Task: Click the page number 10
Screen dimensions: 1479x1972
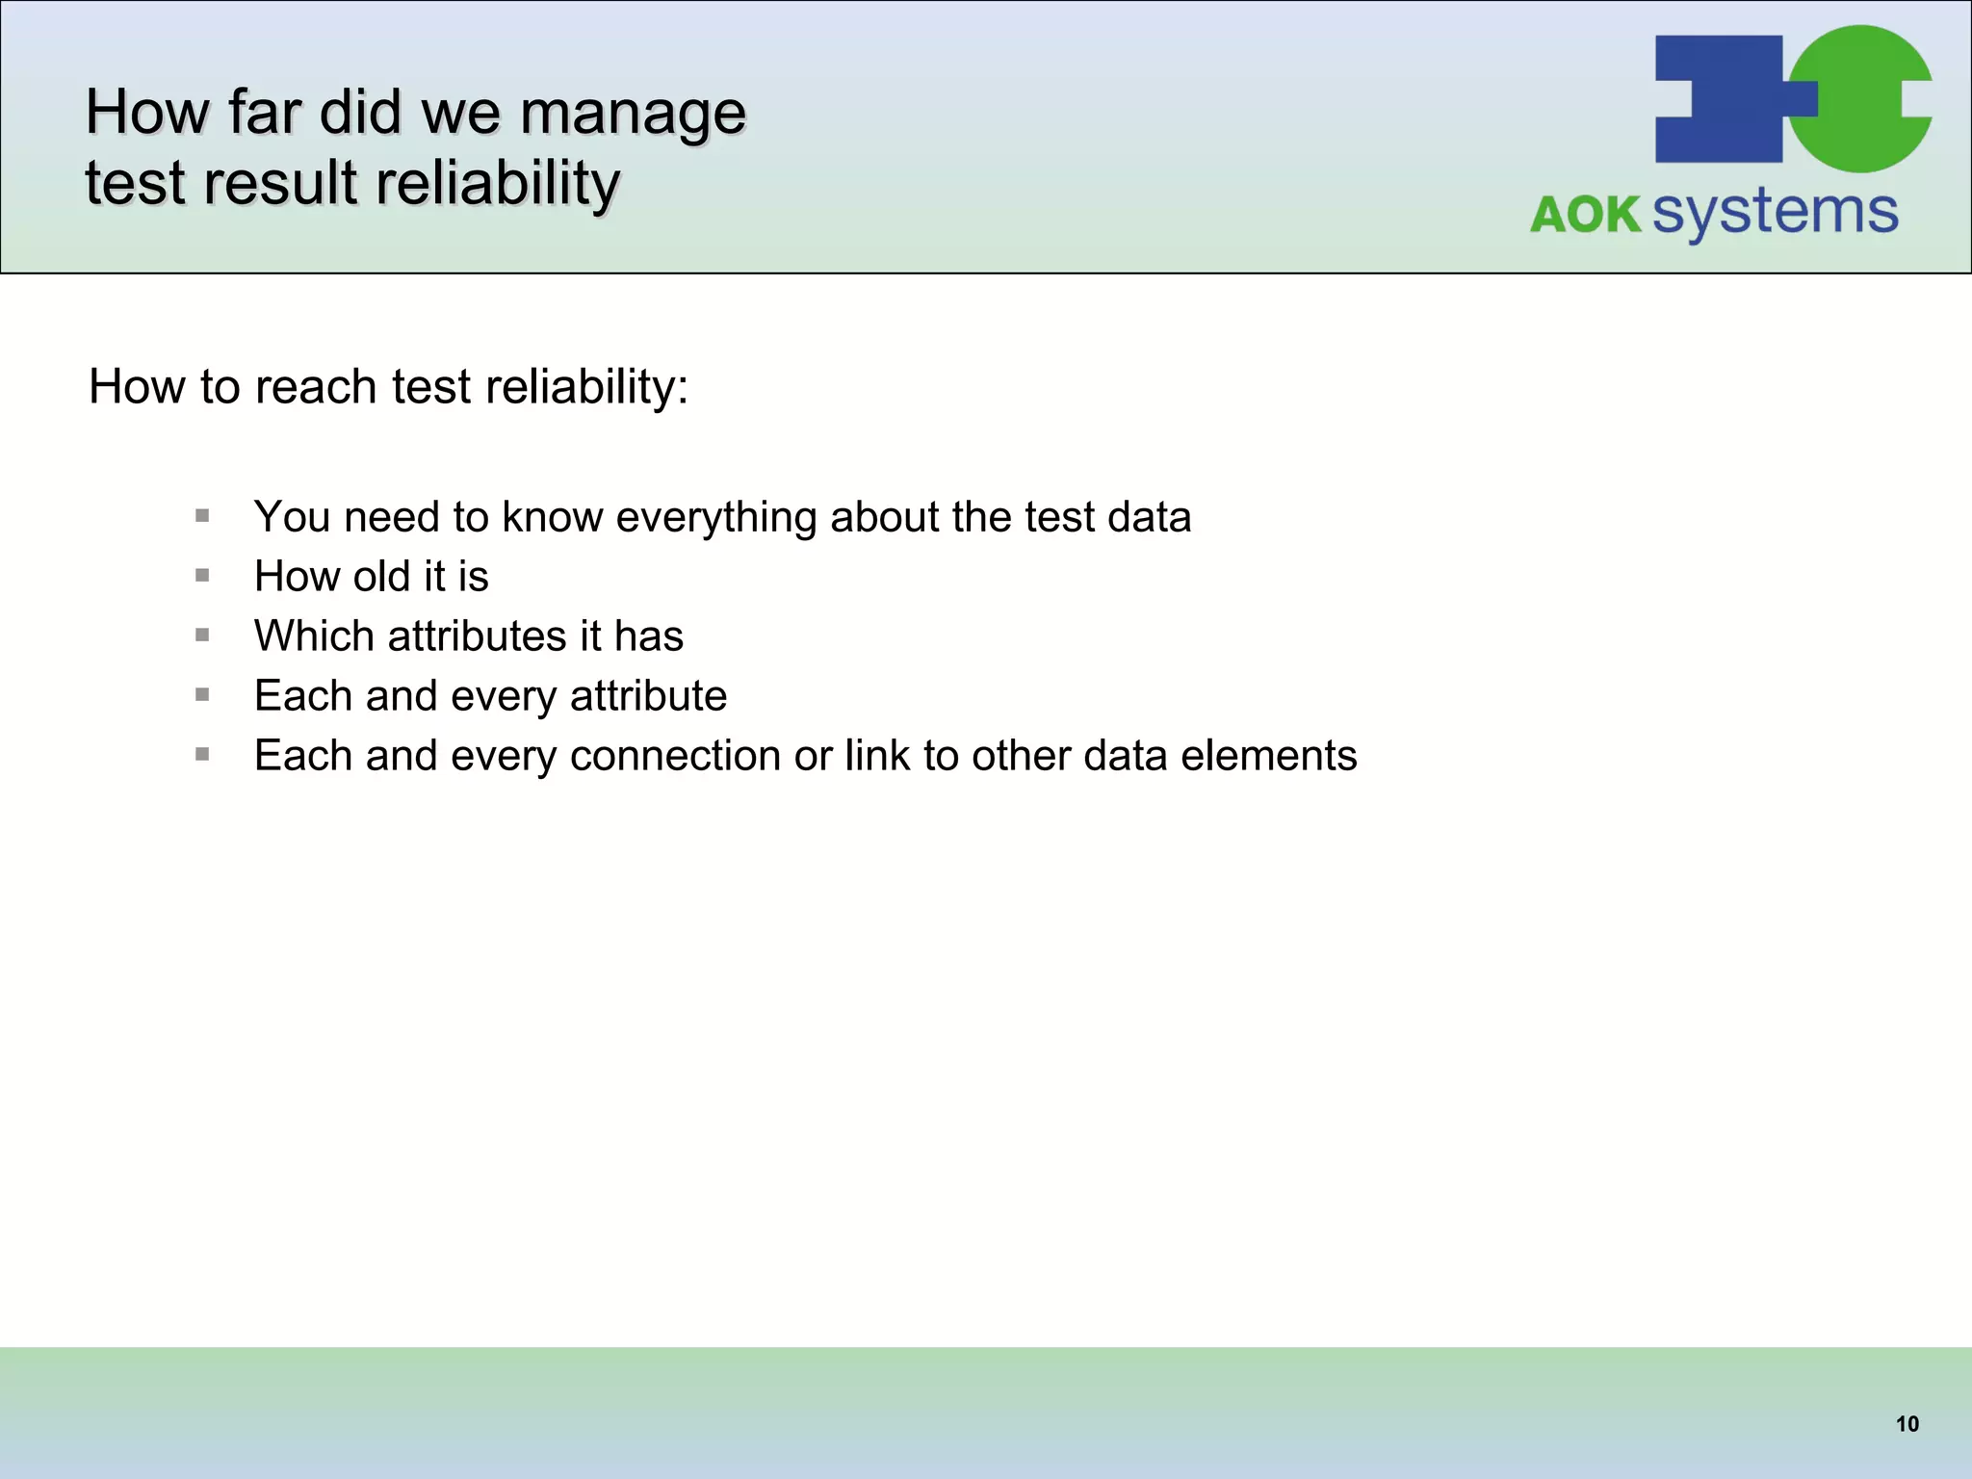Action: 1907,1424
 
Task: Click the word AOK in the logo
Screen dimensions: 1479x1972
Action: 1585,215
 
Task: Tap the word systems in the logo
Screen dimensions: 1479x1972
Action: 1775,213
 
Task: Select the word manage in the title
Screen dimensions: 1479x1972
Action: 633,113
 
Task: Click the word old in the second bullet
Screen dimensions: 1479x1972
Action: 381,577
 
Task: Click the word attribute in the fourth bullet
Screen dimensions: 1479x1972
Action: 648,696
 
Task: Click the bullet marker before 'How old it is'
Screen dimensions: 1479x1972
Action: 202,576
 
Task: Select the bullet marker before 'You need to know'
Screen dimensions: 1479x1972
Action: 202,516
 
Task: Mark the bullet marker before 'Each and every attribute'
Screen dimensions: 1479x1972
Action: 202,695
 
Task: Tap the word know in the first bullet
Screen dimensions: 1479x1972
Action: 552,517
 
